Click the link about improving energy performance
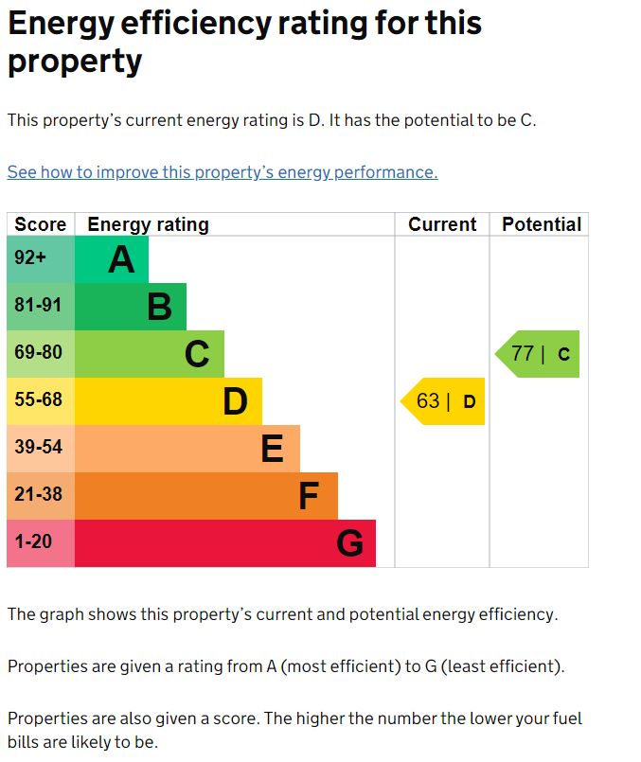pos(223,172)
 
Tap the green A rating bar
pos(112,259)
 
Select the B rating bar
pos(131,307)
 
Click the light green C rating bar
pos(150,354)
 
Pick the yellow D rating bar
pos(169,401)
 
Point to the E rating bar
pos(187,449)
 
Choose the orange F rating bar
pos(206,496)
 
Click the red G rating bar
pos(225,543)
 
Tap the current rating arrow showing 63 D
pos(443,401)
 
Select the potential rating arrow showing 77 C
pos(538,354)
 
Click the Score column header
pos(41,224)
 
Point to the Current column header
pos(442,224)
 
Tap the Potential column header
pos(541,224)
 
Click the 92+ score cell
pos(41,259)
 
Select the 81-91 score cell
pos(41,307)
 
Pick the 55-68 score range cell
pos(41,401)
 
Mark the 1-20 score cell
pos(41,543)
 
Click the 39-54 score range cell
pos(41,449)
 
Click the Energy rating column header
pos(148,224)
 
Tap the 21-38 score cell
pos(41,496)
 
